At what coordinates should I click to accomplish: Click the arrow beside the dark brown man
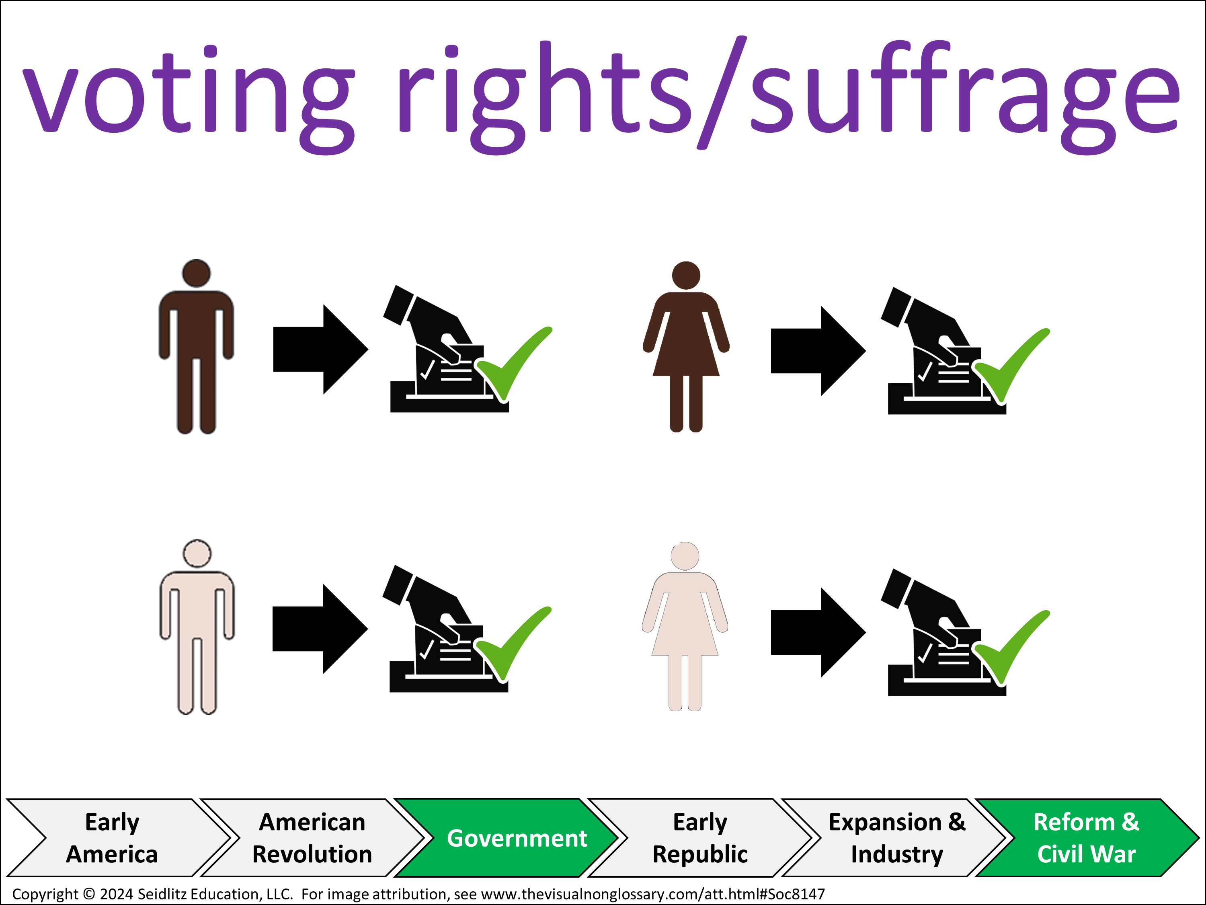[x=320, y=349]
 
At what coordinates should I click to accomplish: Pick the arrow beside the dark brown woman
[x=818, y=351]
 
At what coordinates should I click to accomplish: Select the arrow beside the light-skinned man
[x=320, y=629]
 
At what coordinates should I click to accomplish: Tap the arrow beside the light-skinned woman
[x=818, y=632]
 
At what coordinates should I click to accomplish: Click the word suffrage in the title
[x=965, y=93]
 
